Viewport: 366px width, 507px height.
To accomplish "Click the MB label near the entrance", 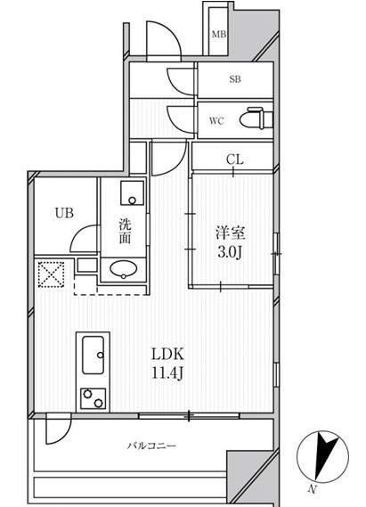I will [218, 36].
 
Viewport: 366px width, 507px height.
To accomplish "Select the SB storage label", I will [235, 79].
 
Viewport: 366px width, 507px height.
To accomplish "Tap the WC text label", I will [216, 120].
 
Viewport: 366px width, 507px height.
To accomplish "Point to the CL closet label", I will [233, 160].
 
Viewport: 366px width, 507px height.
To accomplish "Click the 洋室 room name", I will [230, 233].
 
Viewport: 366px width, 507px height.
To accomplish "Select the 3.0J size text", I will [230, 252].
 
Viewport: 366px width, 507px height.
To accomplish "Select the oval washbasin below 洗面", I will [121, 269].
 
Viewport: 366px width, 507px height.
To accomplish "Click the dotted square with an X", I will [49, 273].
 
